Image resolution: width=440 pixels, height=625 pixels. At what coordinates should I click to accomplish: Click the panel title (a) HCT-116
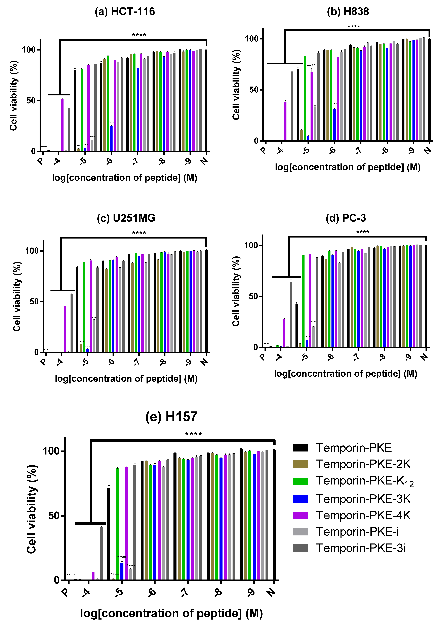[125, 12]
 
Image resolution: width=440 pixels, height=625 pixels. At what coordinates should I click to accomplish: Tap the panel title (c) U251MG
[126, 218]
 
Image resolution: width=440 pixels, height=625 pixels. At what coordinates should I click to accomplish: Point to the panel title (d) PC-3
[346, 218]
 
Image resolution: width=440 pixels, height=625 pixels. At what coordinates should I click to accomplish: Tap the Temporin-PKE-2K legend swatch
[300, 464]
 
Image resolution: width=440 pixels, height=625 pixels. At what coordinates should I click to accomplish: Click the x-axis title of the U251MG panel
[126, 379]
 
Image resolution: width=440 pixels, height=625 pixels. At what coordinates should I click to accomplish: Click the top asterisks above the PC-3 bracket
[362, 232]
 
